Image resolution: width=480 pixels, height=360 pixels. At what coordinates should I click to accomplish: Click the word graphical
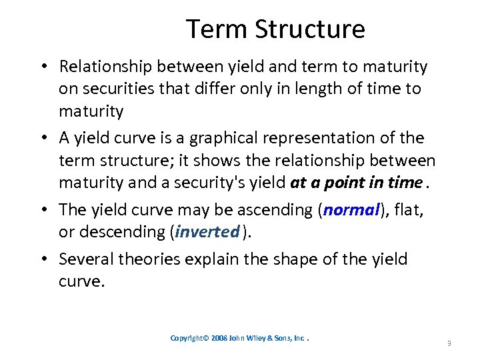(x=225, y=138)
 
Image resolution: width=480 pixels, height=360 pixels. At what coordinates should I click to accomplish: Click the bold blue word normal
(x=351, y=210)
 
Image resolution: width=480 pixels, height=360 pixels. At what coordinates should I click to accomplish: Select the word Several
(x=85, y=259)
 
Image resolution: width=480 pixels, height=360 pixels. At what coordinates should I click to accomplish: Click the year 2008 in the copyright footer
(x=221, y=338)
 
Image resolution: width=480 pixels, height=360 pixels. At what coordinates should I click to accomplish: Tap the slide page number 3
(x=449, y=343)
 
